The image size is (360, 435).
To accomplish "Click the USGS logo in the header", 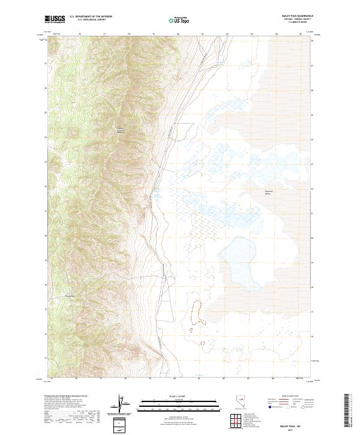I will [55, 19].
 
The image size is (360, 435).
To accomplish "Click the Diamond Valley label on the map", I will [268, 193].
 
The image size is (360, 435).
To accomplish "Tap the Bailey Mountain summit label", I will [119, 130].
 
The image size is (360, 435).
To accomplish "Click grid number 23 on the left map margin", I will [46, 161].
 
